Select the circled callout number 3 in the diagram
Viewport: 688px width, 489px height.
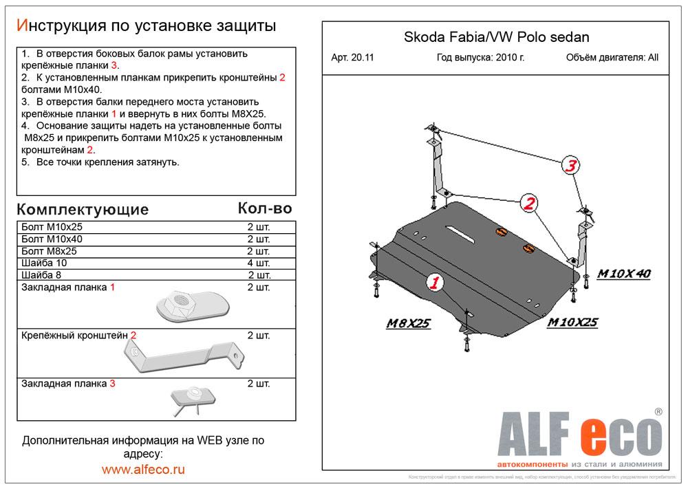point(571,166)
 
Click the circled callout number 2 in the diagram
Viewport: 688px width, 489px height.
point(528,202)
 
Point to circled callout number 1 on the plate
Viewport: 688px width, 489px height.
point(435,282)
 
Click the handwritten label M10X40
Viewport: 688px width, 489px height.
point(623,274)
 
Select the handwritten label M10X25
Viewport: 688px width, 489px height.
point(573,322)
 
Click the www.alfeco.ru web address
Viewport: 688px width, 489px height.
point(143,470)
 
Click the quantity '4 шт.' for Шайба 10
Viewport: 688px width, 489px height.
point(259,263)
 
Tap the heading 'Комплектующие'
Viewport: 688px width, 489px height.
point(82,209)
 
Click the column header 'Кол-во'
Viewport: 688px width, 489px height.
point(265,208)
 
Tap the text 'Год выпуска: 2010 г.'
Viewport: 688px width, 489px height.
point(480,58)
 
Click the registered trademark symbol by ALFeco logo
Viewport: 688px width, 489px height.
point(658,411)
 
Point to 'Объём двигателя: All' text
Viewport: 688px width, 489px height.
point(612,58)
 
